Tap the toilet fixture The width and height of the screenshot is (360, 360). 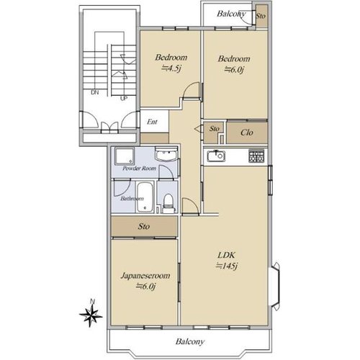168,203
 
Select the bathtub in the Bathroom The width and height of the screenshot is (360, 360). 145,197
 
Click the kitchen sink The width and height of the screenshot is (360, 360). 216,156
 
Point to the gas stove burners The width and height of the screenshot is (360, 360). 256,156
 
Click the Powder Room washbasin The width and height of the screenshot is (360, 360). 166,154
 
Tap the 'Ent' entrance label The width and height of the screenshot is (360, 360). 152,122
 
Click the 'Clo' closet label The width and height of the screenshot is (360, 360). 247,132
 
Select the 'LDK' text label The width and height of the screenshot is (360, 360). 226,255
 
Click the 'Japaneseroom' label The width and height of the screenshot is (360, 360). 145,276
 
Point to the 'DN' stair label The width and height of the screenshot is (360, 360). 95,93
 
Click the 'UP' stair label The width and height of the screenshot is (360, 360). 123,98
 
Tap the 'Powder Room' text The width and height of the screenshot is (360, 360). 139,168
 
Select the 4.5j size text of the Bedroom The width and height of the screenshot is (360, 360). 171,68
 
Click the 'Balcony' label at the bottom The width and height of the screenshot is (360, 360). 190,341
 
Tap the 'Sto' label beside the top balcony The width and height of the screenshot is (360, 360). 261,16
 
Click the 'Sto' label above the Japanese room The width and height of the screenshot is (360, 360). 144,226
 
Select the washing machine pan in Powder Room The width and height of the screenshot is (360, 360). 125,156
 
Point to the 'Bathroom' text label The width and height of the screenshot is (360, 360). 132,199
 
